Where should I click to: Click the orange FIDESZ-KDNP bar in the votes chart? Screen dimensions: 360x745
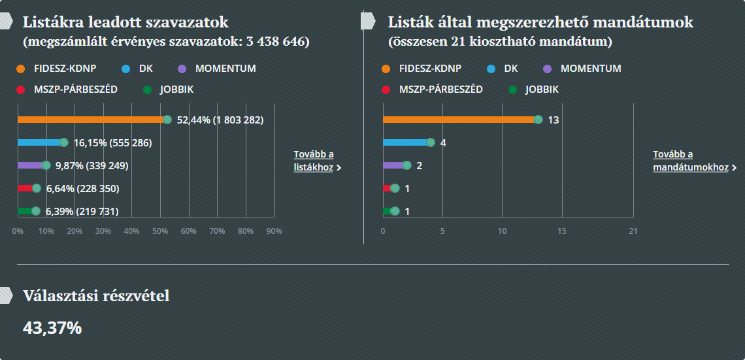91,120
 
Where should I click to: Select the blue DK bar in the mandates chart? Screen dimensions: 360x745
405,142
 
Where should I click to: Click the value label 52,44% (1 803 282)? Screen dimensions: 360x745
220,120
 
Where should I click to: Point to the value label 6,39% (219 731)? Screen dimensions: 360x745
82,212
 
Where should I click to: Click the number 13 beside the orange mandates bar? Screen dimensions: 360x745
554,120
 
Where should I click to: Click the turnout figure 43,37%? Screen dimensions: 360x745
52,327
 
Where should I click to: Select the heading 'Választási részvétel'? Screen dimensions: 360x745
96,296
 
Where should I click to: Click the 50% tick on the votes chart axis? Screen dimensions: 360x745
160,231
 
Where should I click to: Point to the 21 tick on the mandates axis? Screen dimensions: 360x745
633,231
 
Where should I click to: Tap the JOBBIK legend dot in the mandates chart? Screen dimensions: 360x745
513,90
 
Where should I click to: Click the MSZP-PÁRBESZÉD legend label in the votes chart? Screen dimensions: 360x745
76,90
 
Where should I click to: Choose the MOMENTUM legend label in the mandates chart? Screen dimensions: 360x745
591,69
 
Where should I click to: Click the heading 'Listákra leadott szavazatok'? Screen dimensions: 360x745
125,22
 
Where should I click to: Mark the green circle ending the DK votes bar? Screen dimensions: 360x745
63,142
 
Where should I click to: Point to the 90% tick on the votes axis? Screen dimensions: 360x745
274,231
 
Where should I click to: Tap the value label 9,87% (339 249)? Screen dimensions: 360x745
92,166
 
